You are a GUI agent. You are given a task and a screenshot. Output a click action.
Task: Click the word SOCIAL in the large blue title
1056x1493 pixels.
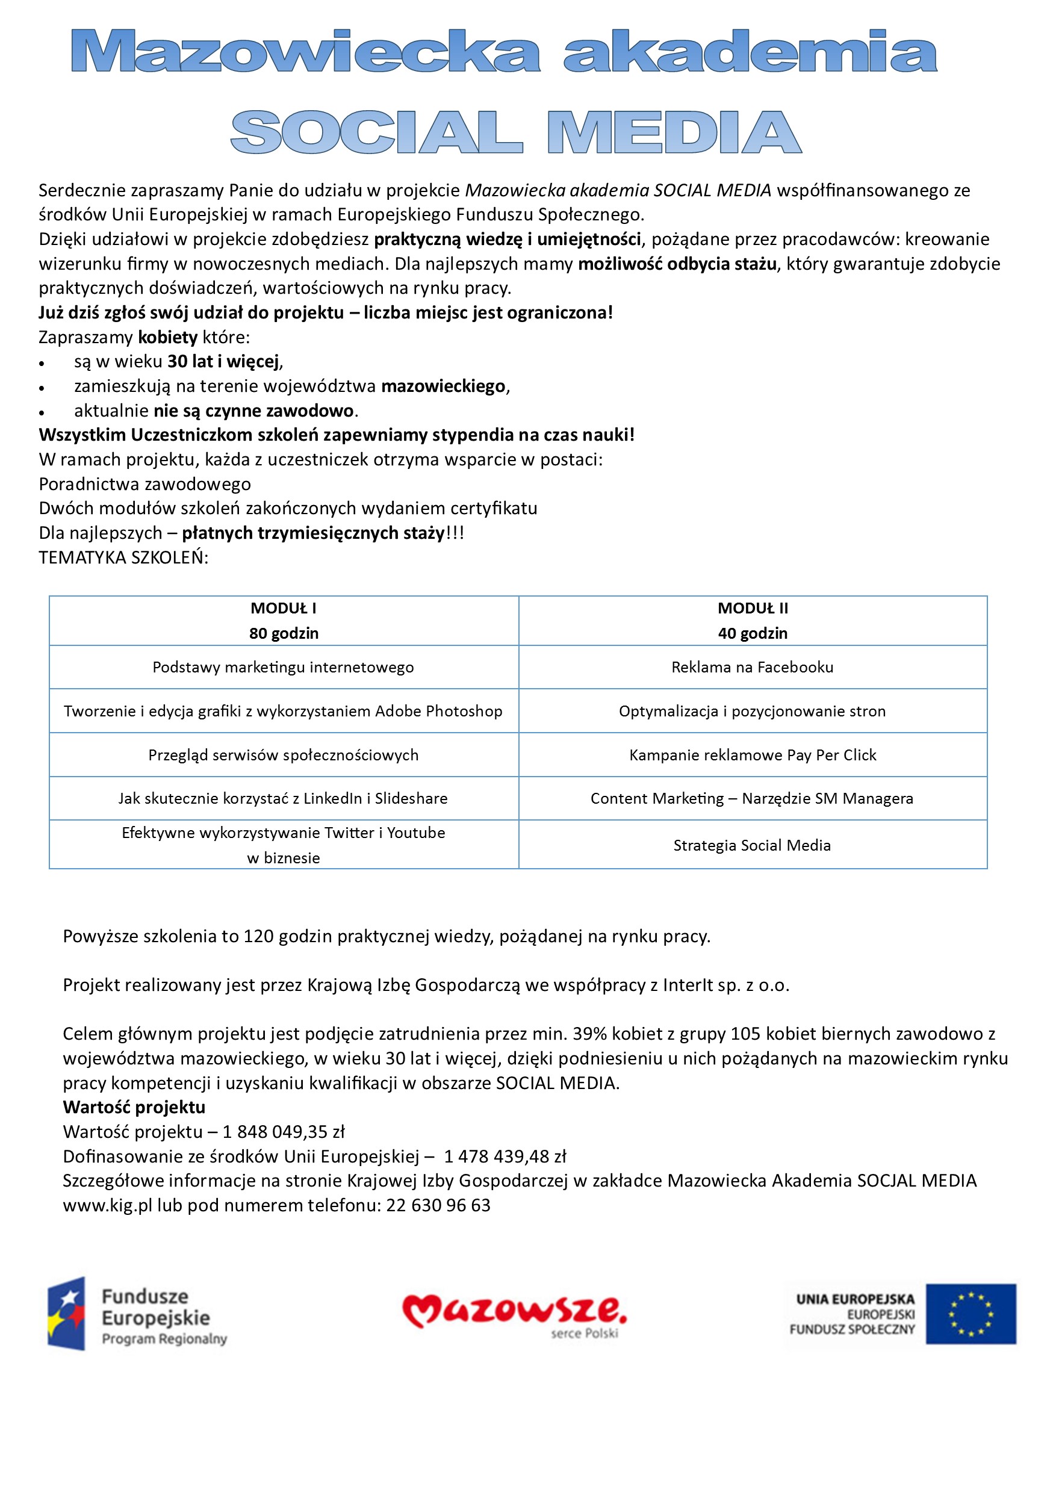coord(376,132)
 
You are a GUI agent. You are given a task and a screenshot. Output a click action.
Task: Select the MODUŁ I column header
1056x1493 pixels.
coord(284,620)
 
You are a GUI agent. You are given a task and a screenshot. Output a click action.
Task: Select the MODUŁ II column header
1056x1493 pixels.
coord(753,620)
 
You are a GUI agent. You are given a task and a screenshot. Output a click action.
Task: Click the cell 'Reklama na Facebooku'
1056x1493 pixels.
coord(753,667)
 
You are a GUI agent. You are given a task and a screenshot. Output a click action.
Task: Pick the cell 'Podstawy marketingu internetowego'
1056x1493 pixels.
coord(284,667)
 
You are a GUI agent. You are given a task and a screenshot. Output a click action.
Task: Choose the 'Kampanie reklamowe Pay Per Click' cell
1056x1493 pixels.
coord(753,755)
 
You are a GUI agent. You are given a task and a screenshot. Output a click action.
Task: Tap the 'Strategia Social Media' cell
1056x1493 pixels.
coord(753,845)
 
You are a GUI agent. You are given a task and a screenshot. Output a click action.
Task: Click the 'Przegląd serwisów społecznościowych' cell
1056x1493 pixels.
coord(284,755)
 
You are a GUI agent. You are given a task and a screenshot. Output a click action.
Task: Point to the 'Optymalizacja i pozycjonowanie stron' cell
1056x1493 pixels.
coord(753,712)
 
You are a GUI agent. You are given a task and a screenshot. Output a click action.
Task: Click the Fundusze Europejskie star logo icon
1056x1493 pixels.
coord(66,1314)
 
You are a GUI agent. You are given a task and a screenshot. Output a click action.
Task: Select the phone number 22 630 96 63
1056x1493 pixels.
coord(438,1206)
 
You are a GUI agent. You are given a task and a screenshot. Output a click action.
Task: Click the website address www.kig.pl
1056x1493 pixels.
coord(107,1206)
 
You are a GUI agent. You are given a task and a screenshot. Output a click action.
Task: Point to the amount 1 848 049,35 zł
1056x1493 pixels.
coord(284,1132)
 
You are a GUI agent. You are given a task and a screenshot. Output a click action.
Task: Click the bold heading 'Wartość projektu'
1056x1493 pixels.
coord(134,1107)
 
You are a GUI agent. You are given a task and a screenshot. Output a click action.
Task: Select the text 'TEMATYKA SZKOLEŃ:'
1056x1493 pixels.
coord(123,558)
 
